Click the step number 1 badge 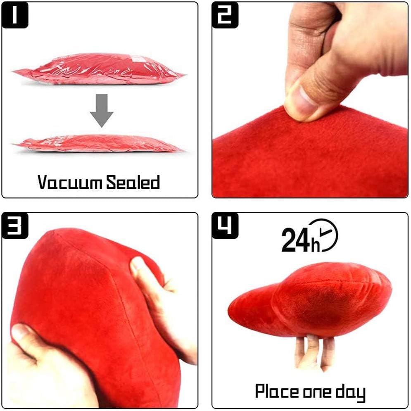tap(16, 15)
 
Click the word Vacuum tap(69, 182)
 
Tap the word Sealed tap(133, 182)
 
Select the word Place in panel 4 tap(276, 391)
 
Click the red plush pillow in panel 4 tap(310, 297)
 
